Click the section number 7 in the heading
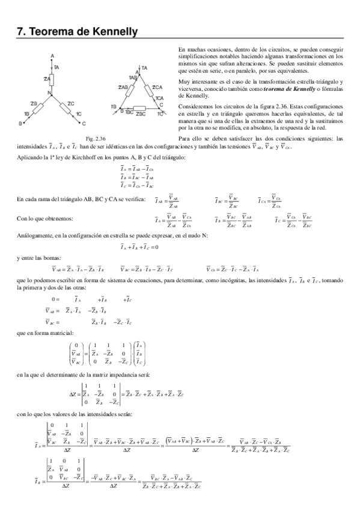tap(20, 31)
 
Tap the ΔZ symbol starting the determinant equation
tap(74, 394)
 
